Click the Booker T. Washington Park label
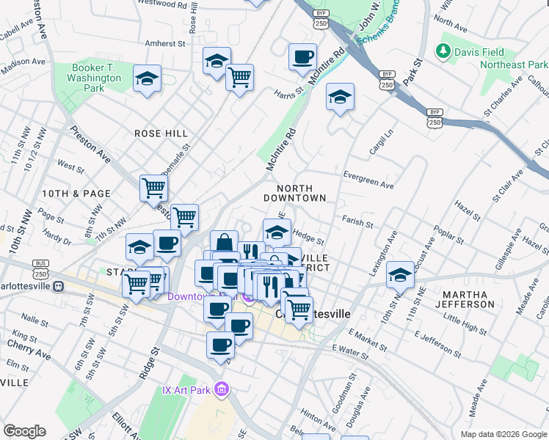coord(96,78)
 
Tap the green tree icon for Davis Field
coord(443,51)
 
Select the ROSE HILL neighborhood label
coord(161,133)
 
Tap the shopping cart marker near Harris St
coord(239,76)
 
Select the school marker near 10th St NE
coord(400,275)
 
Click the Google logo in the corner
coord(24,431)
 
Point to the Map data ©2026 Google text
coord(503,434)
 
